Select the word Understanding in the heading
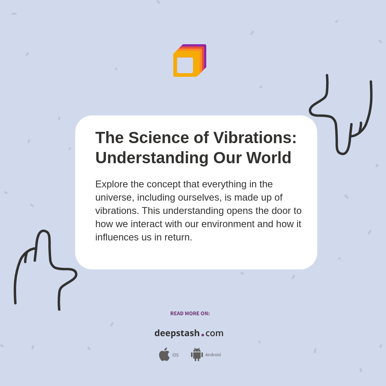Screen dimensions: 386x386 click(x=152, y=158)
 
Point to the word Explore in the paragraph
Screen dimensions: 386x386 click(x=111, y=184)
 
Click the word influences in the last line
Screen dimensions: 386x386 click(x=117, y=237)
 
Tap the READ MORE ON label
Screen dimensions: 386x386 click(x=190, y=314)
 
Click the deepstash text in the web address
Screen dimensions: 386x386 click(x=177, y=333)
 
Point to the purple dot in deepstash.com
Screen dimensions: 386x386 click(x=203, y=335)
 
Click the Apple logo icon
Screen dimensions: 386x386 click(x=164, y=355)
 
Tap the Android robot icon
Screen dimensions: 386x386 click(x=197, y=355)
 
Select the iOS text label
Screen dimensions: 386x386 click(x=175, y=355)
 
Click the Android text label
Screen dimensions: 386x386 click(x=213, y=355)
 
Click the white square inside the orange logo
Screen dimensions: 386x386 click(x=185, y=65)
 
